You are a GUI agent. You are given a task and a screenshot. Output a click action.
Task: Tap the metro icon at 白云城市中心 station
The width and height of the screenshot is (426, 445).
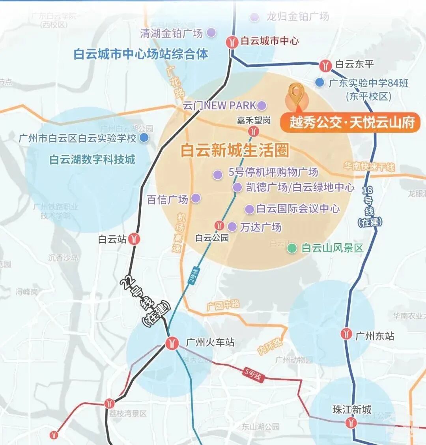coord(232,41)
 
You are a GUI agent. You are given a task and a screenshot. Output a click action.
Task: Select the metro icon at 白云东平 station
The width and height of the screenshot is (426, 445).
coord(325,65)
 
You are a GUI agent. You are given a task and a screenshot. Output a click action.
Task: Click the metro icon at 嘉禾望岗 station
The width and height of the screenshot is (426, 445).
coord(254,131)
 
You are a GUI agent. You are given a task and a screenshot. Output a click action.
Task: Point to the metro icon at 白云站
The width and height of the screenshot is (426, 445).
coord(135,239)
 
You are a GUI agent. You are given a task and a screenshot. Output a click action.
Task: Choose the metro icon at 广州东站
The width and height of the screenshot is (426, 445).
coord(346,334)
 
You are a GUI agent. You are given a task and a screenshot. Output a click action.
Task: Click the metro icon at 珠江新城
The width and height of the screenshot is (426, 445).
coord(351,423)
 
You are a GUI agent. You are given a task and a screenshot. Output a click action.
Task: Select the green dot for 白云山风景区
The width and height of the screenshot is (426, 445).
coord(292,248)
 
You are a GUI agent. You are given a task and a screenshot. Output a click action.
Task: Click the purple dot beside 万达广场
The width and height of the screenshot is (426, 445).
coord(232,227)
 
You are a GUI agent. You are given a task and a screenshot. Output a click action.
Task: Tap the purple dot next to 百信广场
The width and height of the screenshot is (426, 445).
coord(196,198)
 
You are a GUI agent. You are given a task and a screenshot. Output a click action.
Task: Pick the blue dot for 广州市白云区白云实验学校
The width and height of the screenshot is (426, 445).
coord(144,137)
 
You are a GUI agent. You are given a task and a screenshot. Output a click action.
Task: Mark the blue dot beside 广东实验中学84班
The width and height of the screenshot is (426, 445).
coord(319,83)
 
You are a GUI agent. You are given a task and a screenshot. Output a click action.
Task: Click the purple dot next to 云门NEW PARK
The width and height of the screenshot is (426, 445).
coord(262,105)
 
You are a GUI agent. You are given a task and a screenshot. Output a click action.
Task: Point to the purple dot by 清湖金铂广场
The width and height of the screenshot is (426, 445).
coord(211,32)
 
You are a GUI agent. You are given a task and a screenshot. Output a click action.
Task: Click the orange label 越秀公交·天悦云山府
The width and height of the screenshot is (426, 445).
coord(349,122)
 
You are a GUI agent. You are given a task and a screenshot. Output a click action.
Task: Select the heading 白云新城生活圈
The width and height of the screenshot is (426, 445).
coord(235,150)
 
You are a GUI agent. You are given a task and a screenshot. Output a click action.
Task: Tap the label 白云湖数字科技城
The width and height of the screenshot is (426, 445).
coord(92,160)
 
